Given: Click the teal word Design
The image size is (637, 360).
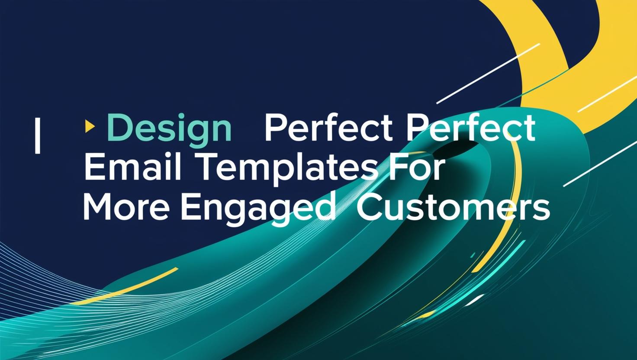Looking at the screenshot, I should click(x=169, y=129).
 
